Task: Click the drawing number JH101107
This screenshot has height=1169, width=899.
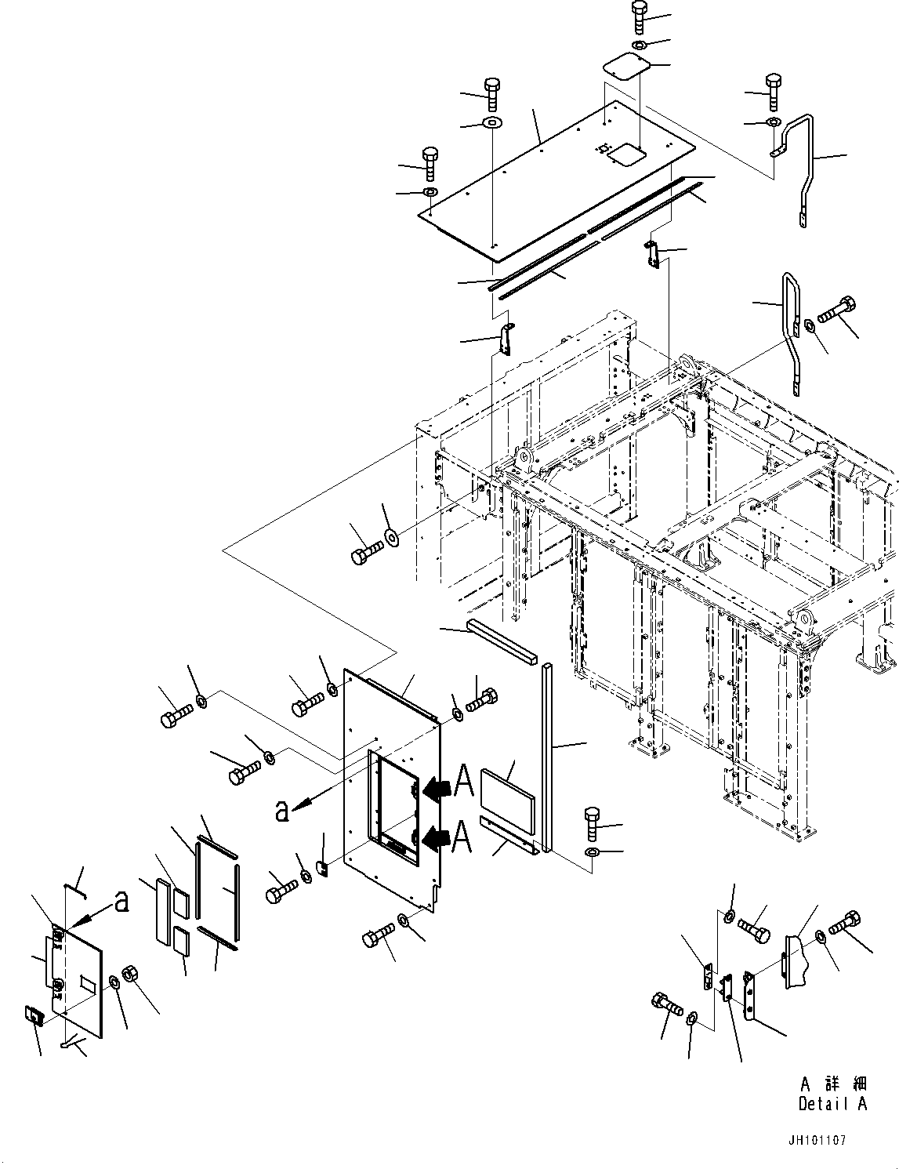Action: click(817, 1141)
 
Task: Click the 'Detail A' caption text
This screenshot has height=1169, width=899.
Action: click(832, 1104)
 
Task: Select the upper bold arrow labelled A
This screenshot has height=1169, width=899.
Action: click(440, 790)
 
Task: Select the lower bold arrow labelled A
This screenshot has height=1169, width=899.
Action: click(440, 840)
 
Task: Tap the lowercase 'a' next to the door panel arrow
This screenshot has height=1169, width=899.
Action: click(283, 811)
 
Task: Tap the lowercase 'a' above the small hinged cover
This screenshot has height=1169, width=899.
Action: click(121, 902)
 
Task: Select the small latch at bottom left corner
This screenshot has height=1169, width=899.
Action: click(34, 1016)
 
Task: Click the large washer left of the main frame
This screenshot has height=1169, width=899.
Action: click(390, 538)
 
